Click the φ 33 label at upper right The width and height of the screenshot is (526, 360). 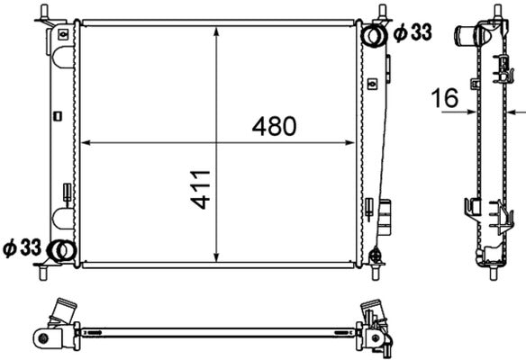click(x=412, y=33)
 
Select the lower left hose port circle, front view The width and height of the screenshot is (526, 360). click(x=59, y=250)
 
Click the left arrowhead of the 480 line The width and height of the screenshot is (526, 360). click(x=86, y=142)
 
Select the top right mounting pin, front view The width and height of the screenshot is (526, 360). click(x=384, y=13)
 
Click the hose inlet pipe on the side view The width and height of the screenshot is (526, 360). click(x=466, y=37)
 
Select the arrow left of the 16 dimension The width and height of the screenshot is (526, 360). click(x=470, y=114)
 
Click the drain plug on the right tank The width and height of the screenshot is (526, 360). click(x=388, y=217)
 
